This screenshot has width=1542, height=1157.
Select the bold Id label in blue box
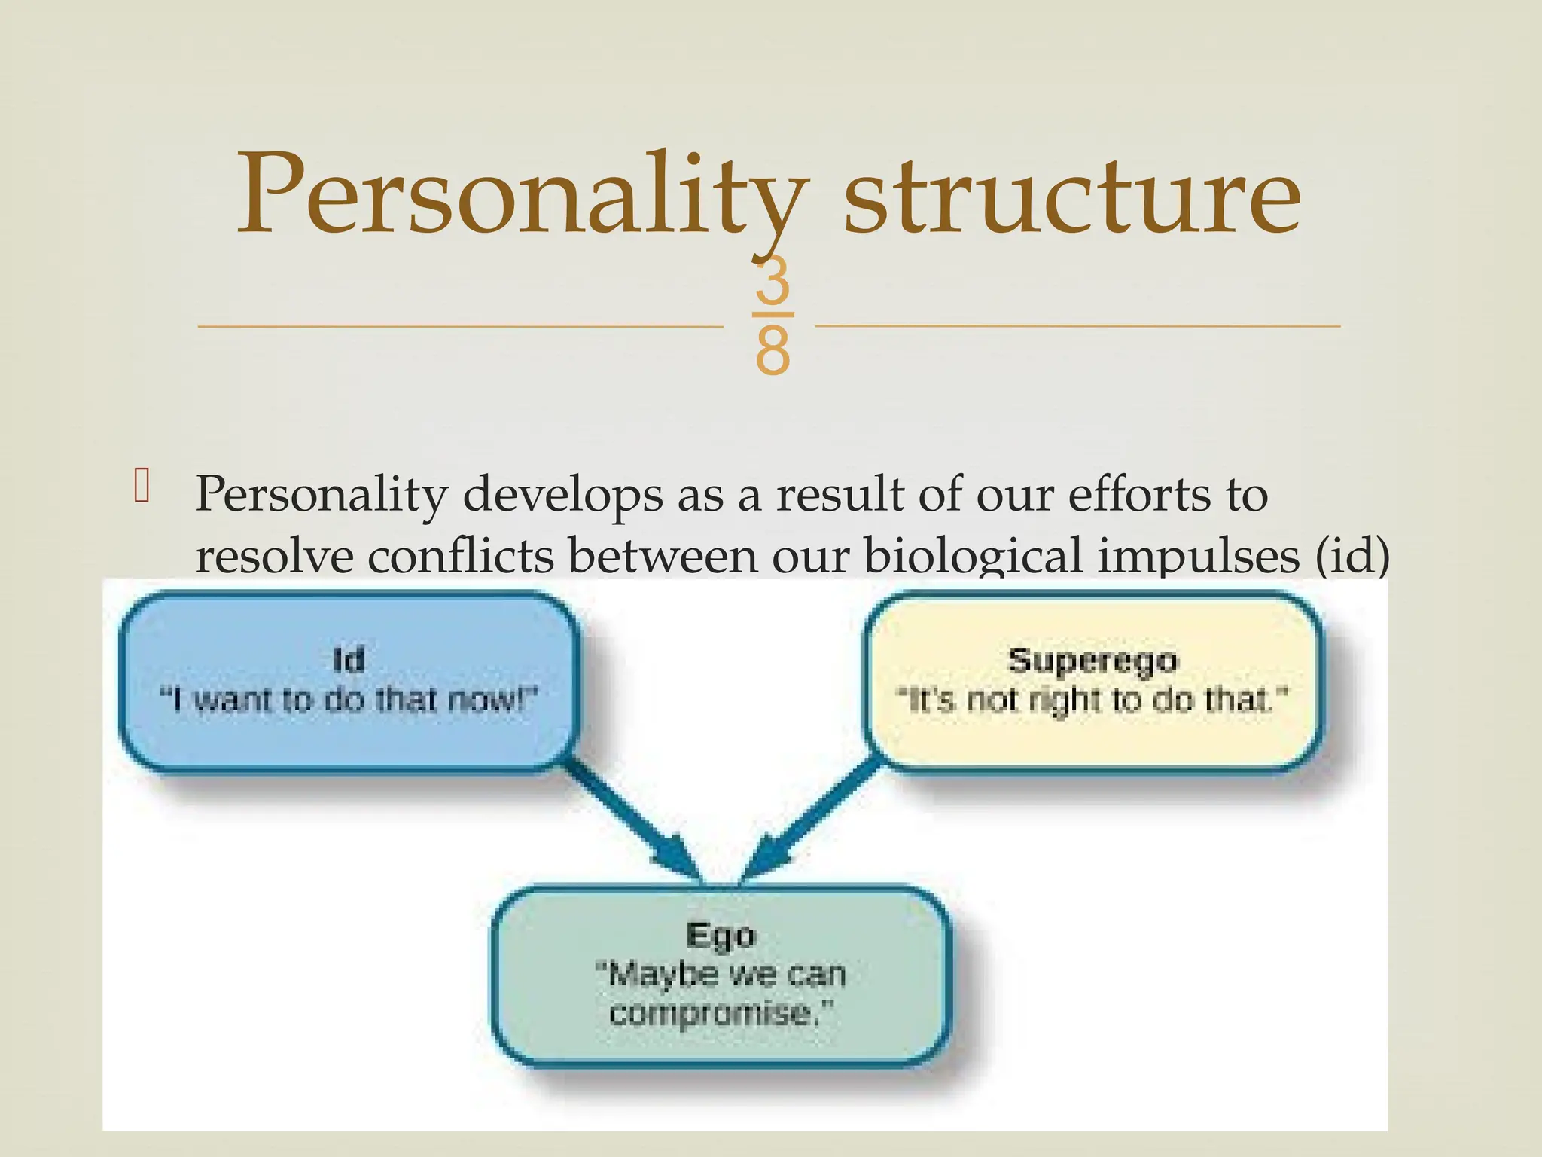tap(349, 660)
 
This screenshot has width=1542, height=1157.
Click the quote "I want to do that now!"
tap(349, 700)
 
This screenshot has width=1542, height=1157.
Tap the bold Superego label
tap(1093, 660)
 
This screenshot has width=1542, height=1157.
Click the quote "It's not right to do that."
tap(1093, 700)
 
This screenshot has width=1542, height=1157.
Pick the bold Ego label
tap(721, 935)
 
